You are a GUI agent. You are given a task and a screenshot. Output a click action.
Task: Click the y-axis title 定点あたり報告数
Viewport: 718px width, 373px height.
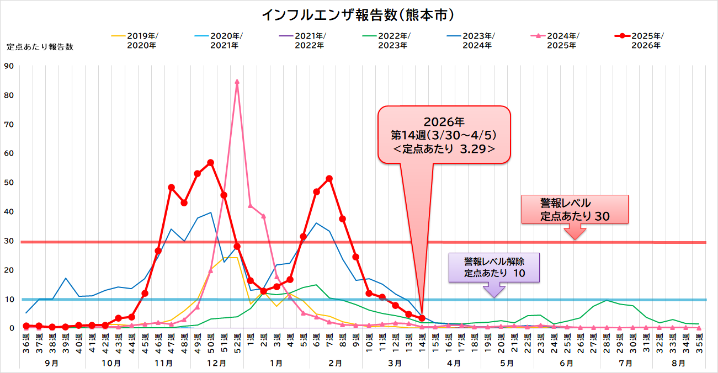coord(40,47)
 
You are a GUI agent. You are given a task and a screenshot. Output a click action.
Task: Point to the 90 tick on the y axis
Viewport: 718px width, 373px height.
coord(9,66)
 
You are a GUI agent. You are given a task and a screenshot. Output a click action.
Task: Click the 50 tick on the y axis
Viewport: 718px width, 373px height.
coord(9,183)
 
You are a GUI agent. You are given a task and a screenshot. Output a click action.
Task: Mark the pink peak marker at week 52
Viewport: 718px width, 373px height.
coord(237,82)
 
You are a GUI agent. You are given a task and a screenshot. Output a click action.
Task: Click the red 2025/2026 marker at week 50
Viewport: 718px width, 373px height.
coord(210,163)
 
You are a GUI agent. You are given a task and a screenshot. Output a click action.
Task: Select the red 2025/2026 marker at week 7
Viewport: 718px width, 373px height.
coord(329,178)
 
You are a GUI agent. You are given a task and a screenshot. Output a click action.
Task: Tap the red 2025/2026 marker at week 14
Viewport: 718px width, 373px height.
coord(422,318)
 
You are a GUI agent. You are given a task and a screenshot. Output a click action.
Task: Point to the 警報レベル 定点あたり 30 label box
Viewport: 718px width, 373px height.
coord(575,210)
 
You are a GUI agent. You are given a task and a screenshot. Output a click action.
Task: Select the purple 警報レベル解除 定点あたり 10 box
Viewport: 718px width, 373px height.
coord(494,268)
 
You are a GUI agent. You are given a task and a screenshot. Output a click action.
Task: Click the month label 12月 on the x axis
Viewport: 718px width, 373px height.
coord(217,363)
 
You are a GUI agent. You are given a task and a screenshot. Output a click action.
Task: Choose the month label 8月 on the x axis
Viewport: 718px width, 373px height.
coord(679,363)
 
